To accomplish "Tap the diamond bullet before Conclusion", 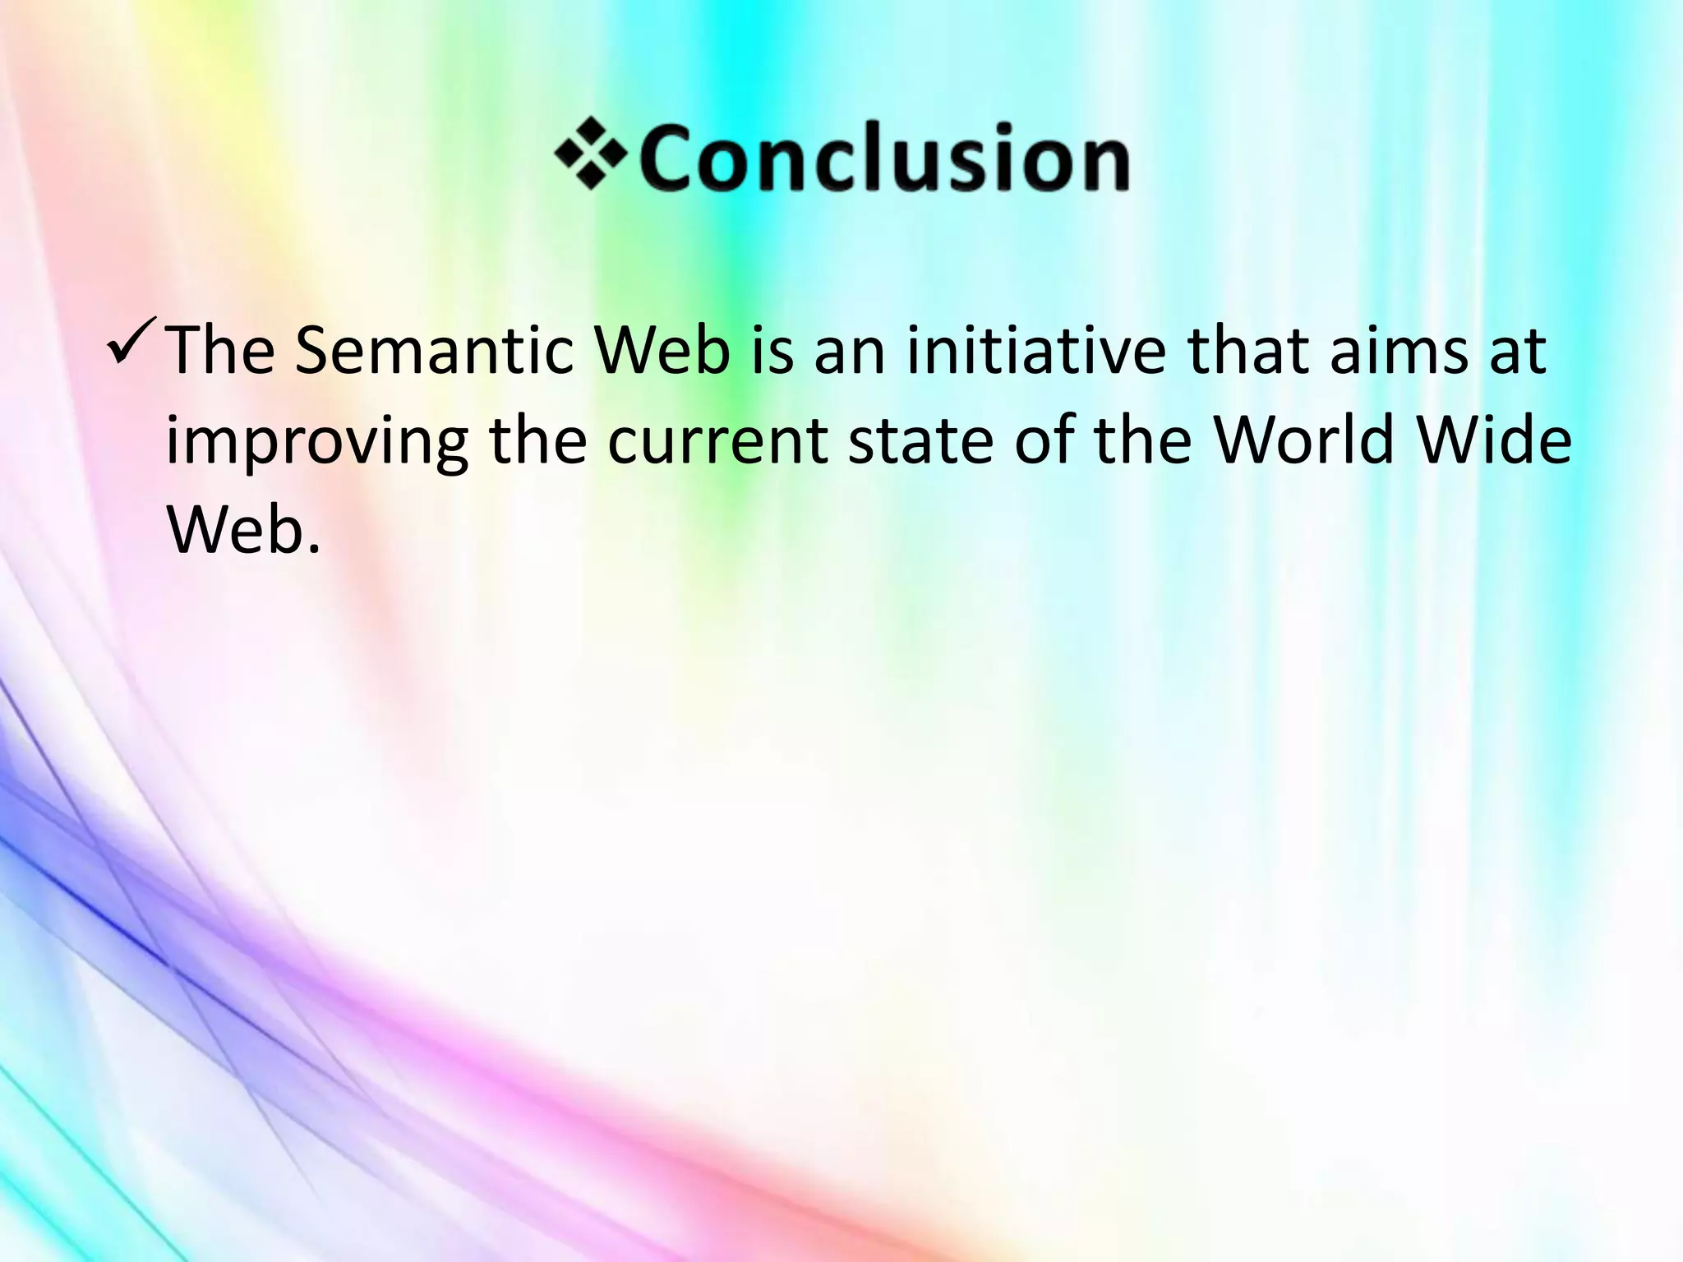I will click(590, 154).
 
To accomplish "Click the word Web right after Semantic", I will click(662, 352).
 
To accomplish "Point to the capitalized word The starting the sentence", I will click(220, 352).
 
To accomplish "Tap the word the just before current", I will click(538, 440).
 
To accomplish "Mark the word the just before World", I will click(1144, 440).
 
